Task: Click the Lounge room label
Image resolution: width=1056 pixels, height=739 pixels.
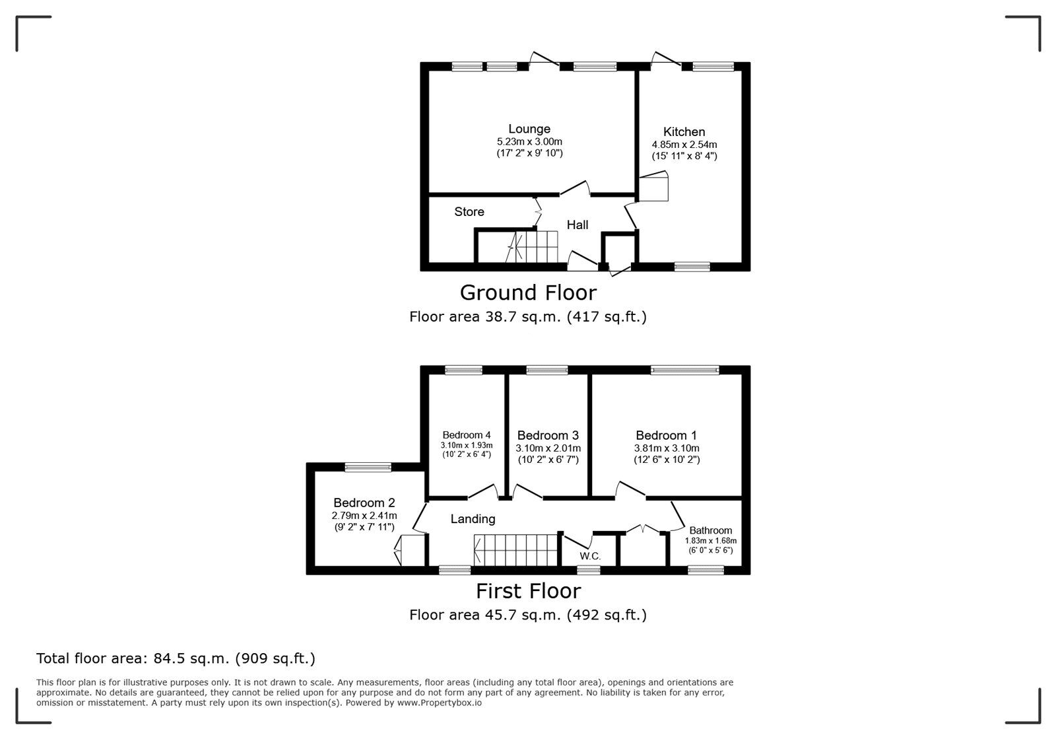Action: coord(529,129)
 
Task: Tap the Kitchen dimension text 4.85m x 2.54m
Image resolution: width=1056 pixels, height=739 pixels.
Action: coord(684,145)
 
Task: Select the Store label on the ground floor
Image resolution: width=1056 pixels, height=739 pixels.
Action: coord(469,212)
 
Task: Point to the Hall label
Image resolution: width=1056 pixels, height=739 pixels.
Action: coord(577,225)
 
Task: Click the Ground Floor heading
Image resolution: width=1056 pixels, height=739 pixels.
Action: coord(528,293)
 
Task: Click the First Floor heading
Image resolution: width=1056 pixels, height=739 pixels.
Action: coord(529,591)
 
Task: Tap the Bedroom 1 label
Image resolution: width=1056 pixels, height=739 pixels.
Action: coord(666,435)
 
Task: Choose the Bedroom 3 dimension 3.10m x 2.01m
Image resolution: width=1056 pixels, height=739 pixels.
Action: coord(548,448)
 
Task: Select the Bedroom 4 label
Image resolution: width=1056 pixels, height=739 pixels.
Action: coord(466,435)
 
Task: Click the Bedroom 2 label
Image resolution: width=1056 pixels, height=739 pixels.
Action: coord(364,503)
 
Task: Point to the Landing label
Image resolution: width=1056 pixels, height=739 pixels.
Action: coord(473,519)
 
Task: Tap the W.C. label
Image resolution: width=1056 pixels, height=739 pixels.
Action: coord(590,557)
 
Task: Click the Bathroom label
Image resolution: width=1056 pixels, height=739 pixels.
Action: coord(710,530)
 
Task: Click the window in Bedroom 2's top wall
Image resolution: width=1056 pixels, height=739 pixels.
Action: coord(368,468)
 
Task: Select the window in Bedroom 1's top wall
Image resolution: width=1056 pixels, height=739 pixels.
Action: coord(685,370)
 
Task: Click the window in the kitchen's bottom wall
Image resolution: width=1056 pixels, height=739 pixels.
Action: coord(692,267)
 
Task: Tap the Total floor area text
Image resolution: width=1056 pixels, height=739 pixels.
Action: coord(176,658)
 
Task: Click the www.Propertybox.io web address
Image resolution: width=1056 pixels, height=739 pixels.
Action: coord(440,703)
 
